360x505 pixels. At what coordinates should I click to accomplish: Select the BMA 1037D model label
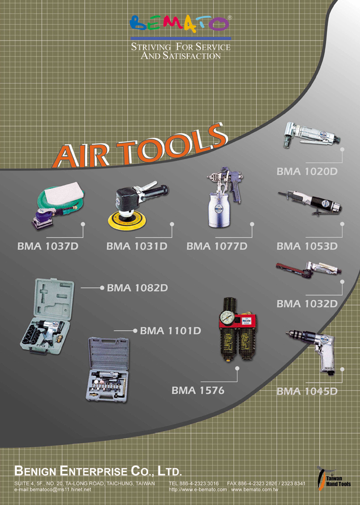tap(48, 246)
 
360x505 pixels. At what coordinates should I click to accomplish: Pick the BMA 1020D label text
tap(307, 171)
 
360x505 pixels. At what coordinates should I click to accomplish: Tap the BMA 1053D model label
tap(307, 246)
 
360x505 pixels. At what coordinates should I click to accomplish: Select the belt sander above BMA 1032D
tap(309, 269)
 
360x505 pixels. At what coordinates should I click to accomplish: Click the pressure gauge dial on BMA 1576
tap(227, 318)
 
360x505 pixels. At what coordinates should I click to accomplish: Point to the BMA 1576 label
tap(198, 391)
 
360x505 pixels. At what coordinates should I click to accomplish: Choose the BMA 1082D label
tap(138, 288)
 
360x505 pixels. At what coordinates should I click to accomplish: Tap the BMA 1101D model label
tap(171, 331)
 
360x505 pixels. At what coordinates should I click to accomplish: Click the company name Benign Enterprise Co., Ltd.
tap(98, 471)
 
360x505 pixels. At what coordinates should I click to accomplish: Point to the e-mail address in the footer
tap(53, 490)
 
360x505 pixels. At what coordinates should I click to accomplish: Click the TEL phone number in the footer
tap(194, 483)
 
